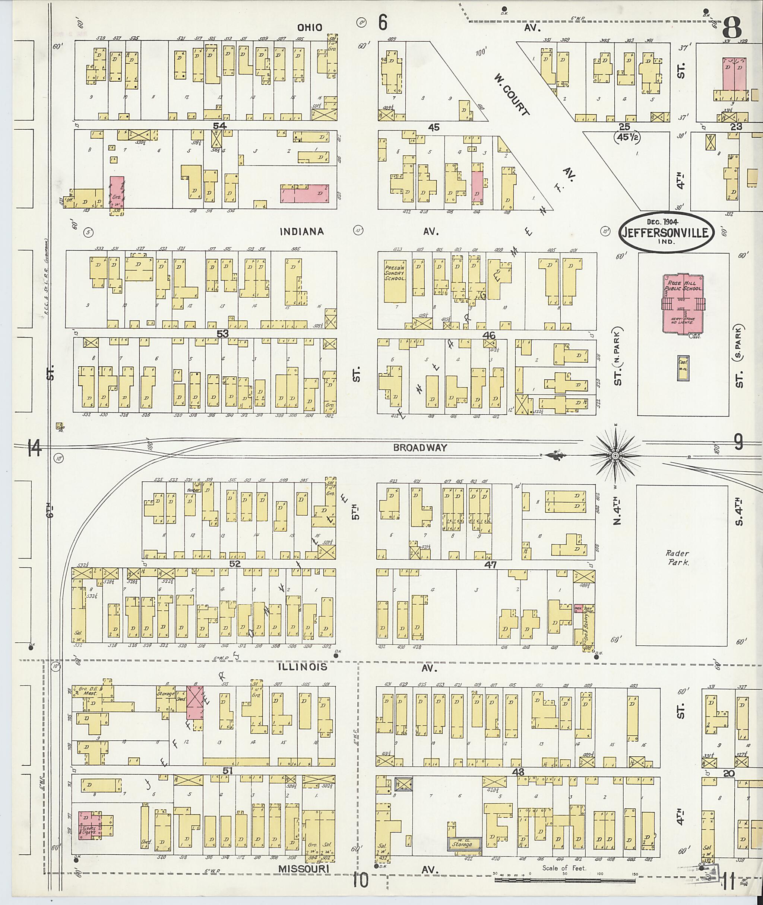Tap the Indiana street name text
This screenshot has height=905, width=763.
(301, 231)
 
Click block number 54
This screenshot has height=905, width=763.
(220, 126)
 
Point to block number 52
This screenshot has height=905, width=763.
(235, 564)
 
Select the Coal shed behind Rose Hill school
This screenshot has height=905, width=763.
(683, 368)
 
